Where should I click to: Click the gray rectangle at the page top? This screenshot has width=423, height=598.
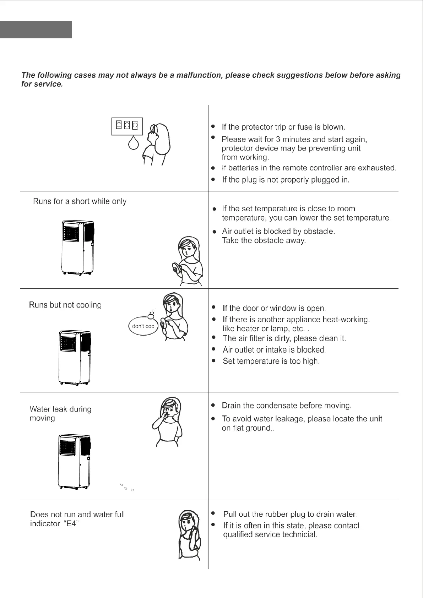pos(36,30)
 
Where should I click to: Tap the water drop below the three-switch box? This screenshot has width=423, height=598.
pos(134,143)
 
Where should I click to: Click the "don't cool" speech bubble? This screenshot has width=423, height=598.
pos(143,326)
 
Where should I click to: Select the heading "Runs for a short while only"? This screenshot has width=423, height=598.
pos(80,201)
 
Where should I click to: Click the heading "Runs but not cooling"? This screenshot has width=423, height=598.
pos(65,305)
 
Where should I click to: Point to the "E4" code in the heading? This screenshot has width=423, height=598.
pos(72,524)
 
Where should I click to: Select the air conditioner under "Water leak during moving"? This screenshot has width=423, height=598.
pos(74,461)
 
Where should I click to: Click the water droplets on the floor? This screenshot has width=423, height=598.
pos(126,487)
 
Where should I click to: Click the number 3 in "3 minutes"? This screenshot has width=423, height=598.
pos(278,139)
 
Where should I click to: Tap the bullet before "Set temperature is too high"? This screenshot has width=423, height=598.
pos(213,361)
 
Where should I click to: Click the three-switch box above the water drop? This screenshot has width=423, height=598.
pos(127,126)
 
